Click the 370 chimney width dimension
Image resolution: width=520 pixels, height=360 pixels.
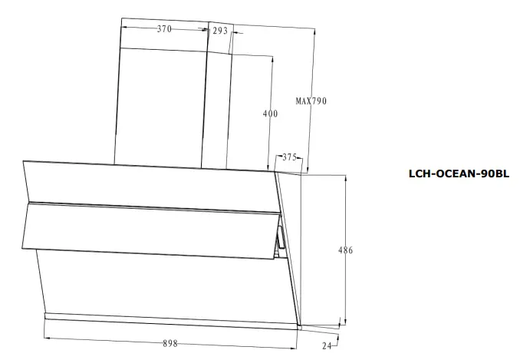click(x=164, y=29)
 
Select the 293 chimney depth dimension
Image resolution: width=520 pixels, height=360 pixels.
click(x=221, y=31)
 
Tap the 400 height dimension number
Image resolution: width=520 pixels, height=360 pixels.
click(x=270, y=114)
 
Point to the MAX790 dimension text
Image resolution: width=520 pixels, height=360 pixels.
click(x=311, y=101)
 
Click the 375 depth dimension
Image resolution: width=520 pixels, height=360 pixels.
click(x=289, y=157)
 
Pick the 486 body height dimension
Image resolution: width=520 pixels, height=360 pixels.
click(x=346, y=250)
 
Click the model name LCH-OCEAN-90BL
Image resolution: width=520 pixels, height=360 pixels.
click(x=459, y=174)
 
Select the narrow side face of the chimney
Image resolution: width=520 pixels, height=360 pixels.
click(x=218, y=107)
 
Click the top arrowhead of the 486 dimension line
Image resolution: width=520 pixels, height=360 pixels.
click(x=347, y=175)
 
